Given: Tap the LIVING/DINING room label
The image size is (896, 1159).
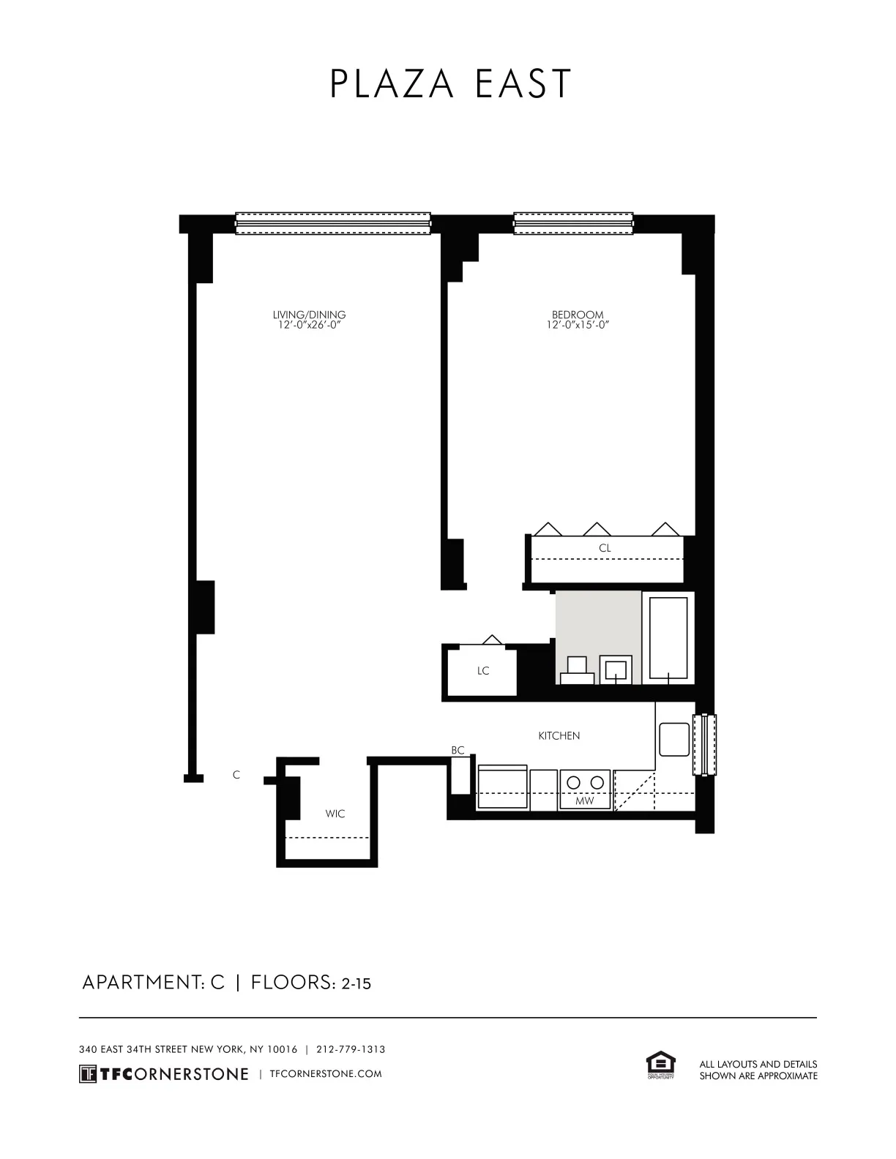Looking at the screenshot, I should click(309, 315).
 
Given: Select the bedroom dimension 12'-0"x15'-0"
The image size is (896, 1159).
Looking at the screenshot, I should click(578, 325).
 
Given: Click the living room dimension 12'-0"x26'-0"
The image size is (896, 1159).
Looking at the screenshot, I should click(309, 325).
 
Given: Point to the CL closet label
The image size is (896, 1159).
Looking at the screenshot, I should click(605, 548).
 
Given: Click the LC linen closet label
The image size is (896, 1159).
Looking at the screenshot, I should click(483, 671).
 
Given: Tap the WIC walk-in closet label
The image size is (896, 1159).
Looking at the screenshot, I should click(335, 814).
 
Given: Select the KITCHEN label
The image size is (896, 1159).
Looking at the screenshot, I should click(559, 736).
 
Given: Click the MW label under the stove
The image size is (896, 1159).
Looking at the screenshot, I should click(584, 801).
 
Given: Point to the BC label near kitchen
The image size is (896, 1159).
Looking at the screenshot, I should click(458, 751).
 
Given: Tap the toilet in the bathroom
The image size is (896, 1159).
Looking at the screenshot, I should click(577, 670).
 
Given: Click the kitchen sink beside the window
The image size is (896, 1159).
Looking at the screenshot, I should click(673, 740).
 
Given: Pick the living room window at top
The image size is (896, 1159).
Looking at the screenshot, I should click(333, 223).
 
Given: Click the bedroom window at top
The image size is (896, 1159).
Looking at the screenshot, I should click(573, 223).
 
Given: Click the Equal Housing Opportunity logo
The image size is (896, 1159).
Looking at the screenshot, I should click(660, 1065).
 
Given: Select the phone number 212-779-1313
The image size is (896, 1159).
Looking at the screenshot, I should click(351, 1049).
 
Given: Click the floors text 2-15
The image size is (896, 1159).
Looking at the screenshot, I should click(356, 984).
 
